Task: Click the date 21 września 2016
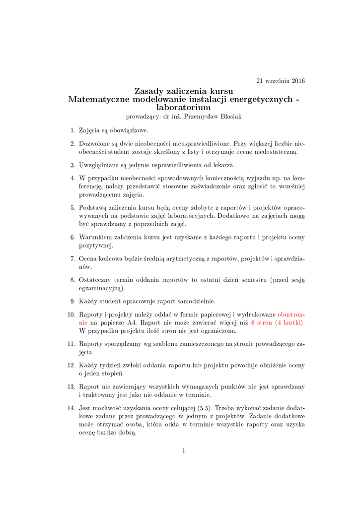pos(280,81)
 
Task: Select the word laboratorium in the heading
pos(183,107)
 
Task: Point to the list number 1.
pos(72,130)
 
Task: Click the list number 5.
pos(72,207)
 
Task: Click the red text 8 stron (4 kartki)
pos(278,322)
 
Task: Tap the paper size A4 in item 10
pos(130,322)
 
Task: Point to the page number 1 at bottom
pos(183,450)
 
